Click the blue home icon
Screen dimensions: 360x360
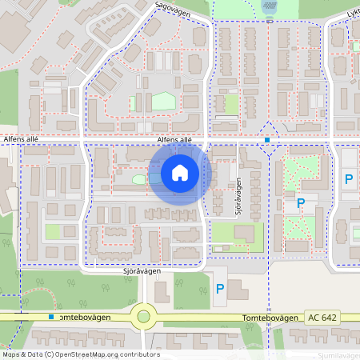click(180, 172)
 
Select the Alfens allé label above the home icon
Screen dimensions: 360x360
click(174, 139)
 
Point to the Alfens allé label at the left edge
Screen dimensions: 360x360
click(21, 139)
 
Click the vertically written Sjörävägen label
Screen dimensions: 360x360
click(238, 197)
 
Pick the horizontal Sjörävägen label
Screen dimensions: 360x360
click(142, 271)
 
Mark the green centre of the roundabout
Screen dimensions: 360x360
click(144, 316)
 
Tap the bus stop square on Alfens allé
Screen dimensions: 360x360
click(267, 140)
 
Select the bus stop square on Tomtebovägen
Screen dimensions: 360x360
click(51, 317)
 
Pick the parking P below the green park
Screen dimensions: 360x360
click(301, 203)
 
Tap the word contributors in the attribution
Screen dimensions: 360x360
click(142, 354)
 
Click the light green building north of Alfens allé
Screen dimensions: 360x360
click(163, 101)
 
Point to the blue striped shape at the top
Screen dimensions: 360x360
click(270, 6)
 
